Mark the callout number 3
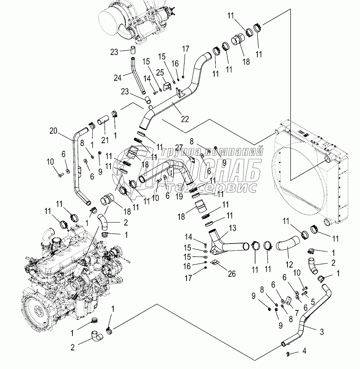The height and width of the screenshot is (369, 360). pyautogui.click(x=321, y=332)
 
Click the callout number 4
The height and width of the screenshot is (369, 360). pyautogui.click(x=304, y=351)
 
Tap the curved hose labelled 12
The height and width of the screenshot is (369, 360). pyautogui.click(x=287, y=246)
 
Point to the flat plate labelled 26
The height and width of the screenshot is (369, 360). pyautogui.click(x=214, y=262)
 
